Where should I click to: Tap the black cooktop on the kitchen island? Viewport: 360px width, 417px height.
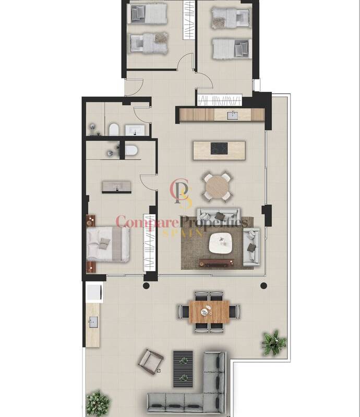coord(219,149)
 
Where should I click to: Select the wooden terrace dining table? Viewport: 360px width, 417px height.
coord(209,311)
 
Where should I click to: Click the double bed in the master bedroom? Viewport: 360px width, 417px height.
coord(108,244)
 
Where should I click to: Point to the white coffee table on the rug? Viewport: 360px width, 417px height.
coord(221,243)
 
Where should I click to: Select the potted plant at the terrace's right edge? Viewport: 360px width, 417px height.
coord(274,343)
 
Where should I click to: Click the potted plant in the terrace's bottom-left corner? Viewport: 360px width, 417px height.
coord(98,403)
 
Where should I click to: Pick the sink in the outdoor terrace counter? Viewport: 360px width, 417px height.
coord(93,322)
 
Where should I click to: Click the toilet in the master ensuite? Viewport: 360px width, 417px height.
coord(131,150)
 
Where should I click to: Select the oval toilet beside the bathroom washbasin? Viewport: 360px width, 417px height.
coord(114,129)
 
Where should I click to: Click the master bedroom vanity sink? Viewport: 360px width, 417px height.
coord(117,187)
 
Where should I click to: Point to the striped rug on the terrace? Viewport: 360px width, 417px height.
coord(183,369)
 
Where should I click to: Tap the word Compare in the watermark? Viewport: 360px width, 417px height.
coord(147,223)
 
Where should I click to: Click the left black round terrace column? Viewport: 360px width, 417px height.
coord(146,286)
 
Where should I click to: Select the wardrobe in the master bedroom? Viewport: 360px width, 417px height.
coord(149,242)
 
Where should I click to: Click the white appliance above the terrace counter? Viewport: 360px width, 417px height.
coord(94,292)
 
